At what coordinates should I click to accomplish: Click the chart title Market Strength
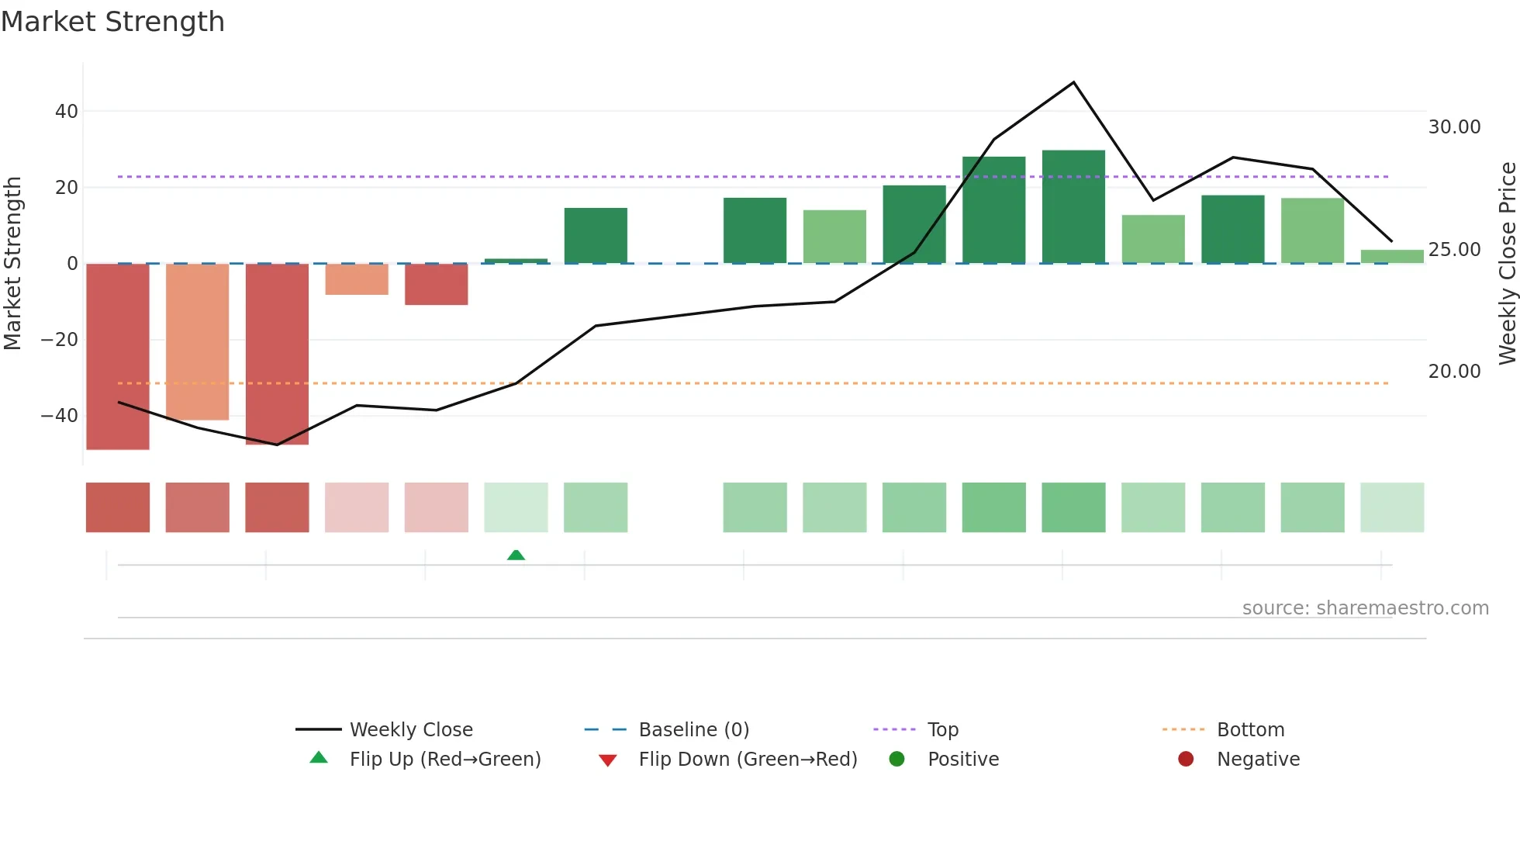tap(112, 22)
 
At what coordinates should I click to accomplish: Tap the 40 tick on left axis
tap(66, 112)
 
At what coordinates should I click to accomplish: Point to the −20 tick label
tap(59, 340)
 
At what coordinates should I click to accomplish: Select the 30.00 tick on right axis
tap(1454, 127)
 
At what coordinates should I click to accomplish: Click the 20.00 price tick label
tap(1454, 372)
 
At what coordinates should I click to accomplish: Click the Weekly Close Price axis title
tap(1507, 264)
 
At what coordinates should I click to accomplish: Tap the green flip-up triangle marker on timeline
tap(516, 555)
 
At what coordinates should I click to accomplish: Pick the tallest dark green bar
tap(1073, 206)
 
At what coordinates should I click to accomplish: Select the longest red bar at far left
tap(118, 356)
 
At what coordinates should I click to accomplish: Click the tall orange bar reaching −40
tap(198, 341)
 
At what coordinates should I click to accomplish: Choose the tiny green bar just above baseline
tap(516, 261)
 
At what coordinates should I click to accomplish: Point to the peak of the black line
tap(1073, 82)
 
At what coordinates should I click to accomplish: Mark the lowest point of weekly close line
tap(277, 445)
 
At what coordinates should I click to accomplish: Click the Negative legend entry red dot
tap(1186, 760)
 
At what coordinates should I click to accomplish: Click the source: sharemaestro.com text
tap(1365, 608)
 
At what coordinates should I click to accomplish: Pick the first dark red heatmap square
tap(118, 507)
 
